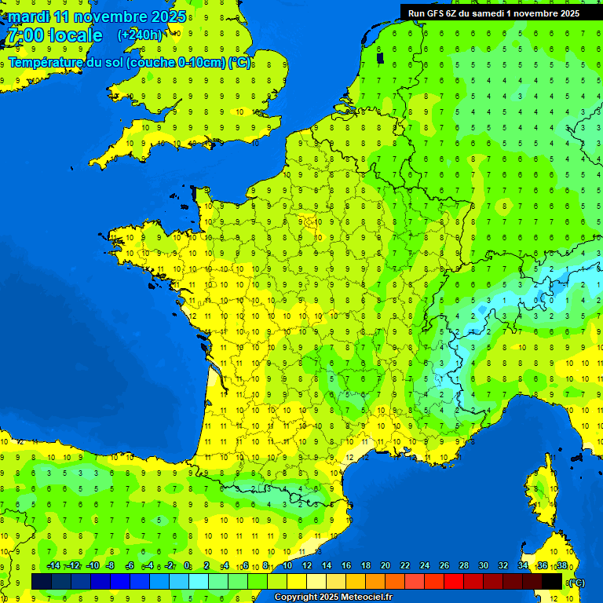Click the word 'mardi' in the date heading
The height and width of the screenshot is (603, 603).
[28, 16]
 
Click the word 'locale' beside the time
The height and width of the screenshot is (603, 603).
[75, 35]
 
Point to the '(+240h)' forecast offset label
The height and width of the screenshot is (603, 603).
[141, 35]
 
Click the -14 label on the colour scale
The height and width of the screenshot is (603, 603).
[54, 566]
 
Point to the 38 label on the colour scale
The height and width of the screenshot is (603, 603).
[561, 566]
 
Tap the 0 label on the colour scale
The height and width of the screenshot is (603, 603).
[187, 566]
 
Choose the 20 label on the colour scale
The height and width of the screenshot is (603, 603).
[386, 566]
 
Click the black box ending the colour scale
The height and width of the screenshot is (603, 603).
[552, 581]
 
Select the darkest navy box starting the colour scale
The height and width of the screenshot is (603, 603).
[42, 581]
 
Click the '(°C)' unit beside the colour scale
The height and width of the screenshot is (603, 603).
[576, 582]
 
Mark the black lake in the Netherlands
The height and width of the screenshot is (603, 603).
[381, 57]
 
